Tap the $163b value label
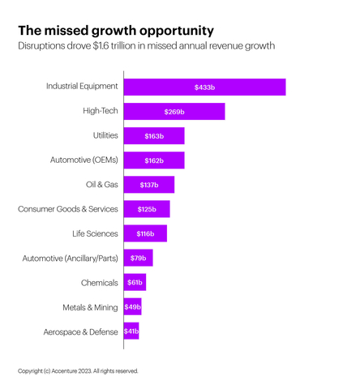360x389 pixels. click(x=154, y=136)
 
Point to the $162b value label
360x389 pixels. click(x=154, y=160)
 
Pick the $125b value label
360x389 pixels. click(x=147, y=209)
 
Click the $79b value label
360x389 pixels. click(x=138, y=258)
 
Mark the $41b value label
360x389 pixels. click(x=131, y=331)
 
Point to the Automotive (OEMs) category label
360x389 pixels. click(x=84, y=160)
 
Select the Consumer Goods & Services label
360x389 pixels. click(x=68, y=209)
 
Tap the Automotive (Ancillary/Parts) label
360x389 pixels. click(x=70, y=258)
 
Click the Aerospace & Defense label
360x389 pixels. click(x=80, y=331)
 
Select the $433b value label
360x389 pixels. click(x=204, y=87)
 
